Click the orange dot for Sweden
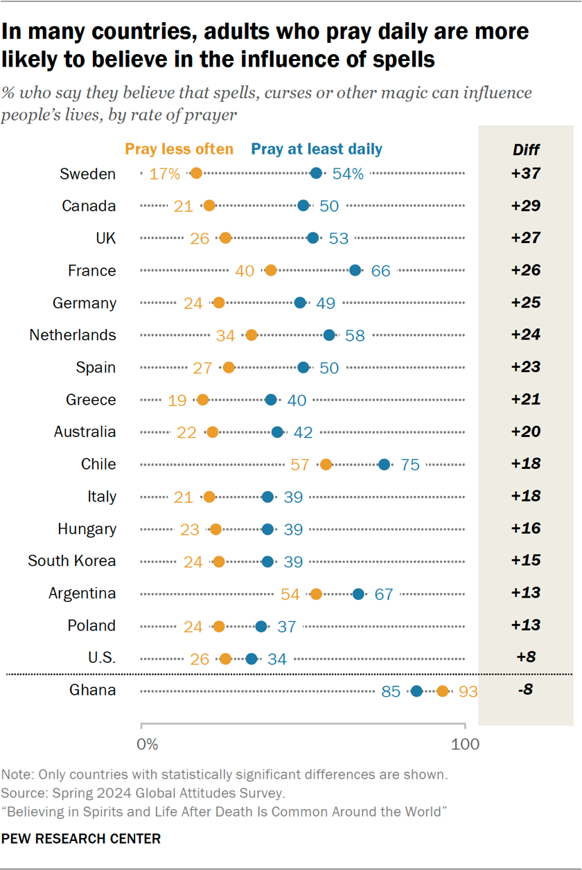pos(196,173)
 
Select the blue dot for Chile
pos(385,464)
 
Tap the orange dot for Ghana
pos(443,691)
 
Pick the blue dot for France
pos(355,270)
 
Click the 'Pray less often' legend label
pos(179,149)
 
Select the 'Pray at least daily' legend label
pos(317,149)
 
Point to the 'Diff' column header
pos(526,150)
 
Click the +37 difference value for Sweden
pos(526,174)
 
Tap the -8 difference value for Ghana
pos(526,691)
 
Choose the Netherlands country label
pos(73,335)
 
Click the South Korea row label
pos(72,561)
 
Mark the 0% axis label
pos(148,745)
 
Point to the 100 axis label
pos(465,745)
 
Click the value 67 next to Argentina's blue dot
pos(384,594)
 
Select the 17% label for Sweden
pos(164,174)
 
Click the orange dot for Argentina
pos(316,594)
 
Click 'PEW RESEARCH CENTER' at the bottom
pos(81,839)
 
